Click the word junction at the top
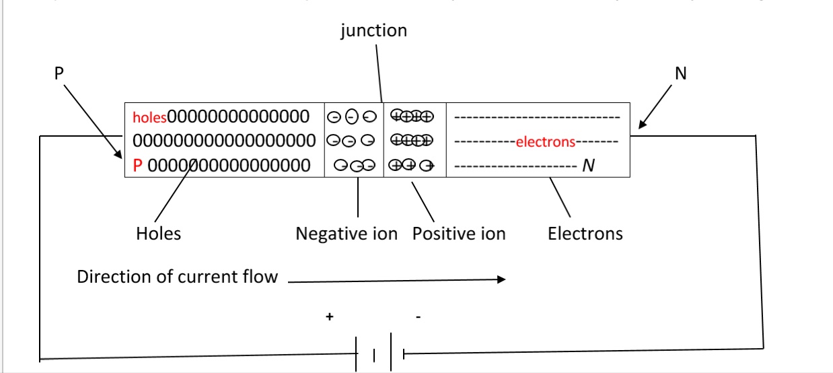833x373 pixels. click(x=373, y=31)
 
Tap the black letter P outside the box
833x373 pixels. click(x=59, y=73)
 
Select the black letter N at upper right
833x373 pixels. click(x=680, y=73)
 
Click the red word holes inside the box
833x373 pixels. click(x=149, y=118)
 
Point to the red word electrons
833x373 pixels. click(x=545, y=142)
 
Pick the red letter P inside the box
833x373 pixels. click(x=138, y=166)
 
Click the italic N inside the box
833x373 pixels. click(x=588, y=166)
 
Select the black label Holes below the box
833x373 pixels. click(x=158, y=234)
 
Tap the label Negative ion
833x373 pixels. click(x=347, y=234)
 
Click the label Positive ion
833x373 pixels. click(x=459, y=234)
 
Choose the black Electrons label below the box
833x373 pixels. click(x=585, y=234)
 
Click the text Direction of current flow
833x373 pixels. click(x=177, y=277)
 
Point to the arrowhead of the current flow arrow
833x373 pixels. click(x=501, y=279)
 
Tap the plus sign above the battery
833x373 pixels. click(x=329, y=316)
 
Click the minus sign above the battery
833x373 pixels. click(x=418, y=316)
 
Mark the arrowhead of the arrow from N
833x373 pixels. click(x=642, y=125)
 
